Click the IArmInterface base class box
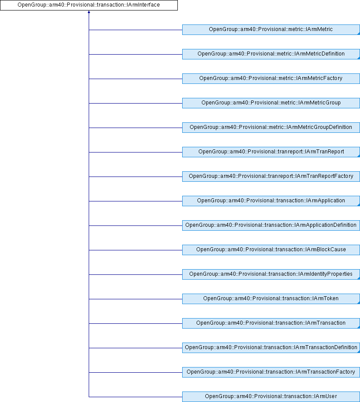click(89, 5)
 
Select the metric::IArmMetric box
click(271, 30)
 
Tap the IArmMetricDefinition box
click(271, 54)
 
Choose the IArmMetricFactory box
click(271, 79)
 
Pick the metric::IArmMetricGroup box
click(271, 103)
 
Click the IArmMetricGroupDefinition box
click(271, 128)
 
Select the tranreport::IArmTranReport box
click(271, 152)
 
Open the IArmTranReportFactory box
click(271, 177)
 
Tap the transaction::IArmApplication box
click(271, 201)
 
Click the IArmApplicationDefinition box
click(271, 225)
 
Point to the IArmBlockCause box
click(271, 250)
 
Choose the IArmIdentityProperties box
click(271, 274)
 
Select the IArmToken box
click(271, 299)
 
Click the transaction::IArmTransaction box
click(271, 323)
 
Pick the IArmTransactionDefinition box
click(271, 348)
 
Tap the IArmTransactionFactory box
click(271, 372)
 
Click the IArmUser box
click(271, 397)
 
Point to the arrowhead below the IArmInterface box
click(89, 12)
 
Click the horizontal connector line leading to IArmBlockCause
click(135, 250)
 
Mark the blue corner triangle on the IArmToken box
click(359, 303)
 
